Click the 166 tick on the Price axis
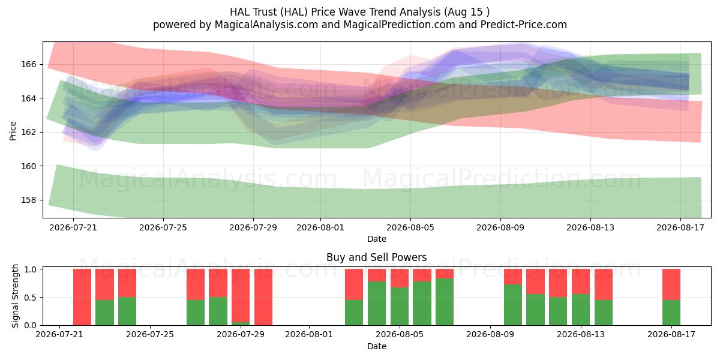[x=28, y=64]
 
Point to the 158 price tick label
[x=28, y=200]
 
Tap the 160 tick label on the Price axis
[x=28, y=166]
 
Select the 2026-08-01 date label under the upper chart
[x=320, y=227]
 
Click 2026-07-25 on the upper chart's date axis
[x=163, y=227]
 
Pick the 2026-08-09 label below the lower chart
[x=490, y=334]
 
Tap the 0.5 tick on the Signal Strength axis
[x=30, y=298]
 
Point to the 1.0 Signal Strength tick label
[x=30, y=269]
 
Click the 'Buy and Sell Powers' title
[x=376, y=257]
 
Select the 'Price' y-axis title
[x=13, y=131]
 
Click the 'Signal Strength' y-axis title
[x=15, y=296]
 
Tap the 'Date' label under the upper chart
[x=377, y=239]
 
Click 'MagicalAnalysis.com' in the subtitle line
[x=266, y=25]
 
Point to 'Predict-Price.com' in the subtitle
[x=524, y=25]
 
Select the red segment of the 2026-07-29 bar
[x=241, y=295]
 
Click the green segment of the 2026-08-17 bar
[x=671, y=313]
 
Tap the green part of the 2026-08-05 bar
[x=400, y=307]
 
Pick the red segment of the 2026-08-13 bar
[x=581, y=281]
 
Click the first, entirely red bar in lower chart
[x=82, y=297]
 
